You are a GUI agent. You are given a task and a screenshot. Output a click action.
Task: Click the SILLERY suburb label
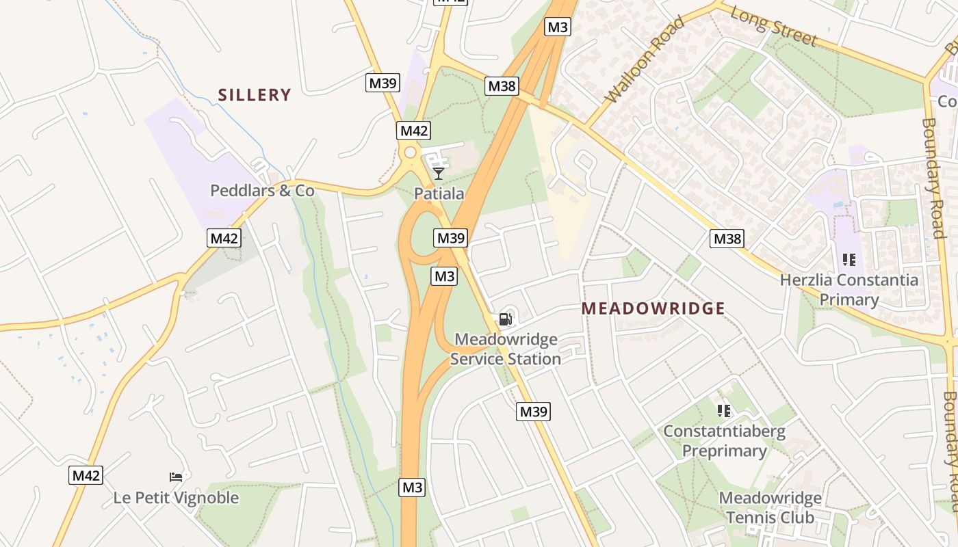255,95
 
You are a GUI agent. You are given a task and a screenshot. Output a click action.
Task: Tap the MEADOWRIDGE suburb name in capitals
653,308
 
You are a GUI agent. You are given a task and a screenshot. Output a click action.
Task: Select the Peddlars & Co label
262,190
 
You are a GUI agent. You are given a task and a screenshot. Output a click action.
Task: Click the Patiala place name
439,194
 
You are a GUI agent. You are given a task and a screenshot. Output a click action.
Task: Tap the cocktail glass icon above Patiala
439,174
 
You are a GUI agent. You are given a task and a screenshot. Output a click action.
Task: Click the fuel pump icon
505,319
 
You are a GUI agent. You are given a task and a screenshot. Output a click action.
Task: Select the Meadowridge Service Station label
506,349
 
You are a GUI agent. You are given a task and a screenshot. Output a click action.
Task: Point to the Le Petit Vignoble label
176,497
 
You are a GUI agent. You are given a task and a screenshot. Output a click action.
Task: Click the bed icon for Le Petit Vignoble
176,477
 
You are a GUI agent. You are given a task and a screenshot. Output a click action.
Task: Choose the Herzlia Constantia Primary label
849,289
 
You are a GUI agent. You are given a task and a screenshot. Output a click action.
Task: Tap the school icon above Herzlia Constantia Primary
849,260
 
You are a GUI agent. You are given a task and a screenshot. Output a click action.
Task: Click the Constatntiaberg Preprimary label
724,441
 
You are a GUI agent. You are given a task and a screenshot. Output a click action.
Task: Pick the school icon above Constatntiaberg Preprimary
724,411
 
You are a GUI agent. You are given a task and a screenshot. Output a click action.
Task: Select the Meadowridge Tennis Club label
770,507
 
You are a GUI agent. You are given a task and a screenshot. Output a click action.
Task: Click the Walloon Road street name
645,61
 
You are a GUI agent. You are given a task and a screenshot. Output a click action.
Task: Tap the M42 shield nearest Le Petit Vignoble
86,475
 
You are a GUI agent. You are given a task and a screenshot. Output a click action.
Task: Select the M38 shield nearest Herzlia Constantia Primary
727,239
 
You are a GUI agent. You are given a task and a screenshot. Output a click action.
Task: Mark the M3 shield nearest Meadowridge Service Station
444,276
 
